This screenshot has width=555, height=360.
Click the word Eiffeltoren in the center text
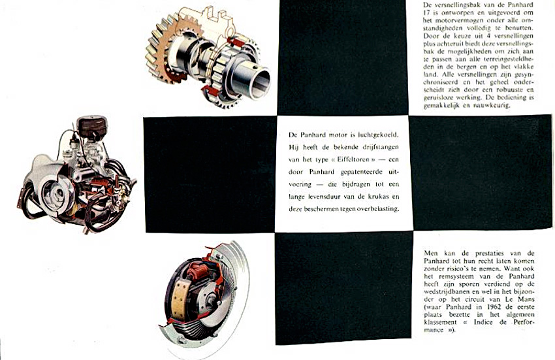348,159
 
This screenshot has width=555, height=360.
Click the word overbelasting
378,209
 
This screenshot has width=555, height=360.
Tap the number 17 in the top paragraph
427,13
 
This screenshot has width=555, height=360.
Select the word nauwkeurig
492,106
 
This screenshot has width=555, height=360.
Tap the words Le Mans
522,299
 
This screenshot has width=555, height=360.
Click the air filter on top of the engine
91,125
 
